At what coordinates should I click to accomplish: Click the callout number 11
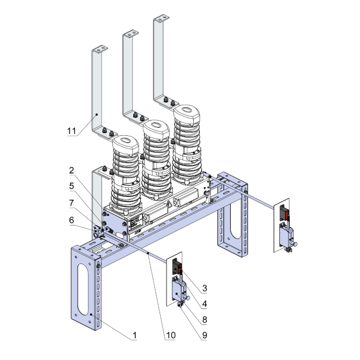71,131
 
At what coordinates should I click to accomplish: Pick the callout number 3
204,287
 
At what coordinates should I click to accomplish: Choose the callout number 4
204,304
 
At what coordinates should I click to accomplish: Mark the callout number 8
204,319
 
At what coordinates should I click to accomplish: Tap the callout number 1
134,335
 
